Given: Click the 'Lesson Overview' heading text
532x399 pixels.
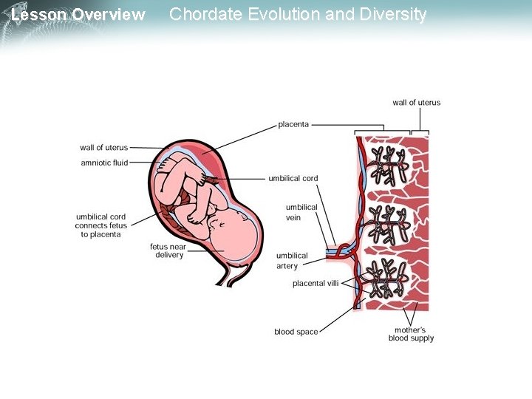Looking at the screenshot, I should (78, 15).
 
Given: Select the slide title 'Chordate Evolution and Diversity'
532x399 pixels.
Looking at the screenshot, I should (298, 14).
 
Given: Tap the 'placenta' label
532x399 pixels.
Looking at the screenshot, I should (293, 124).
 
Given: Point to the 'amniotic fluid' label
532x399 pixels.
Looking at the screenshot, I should (104, 163).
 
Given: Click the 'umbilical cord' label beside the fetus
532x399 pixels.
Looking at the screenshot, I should (293, 178).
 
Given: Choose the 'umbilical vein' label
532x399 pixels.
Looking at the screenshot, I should (301, 212).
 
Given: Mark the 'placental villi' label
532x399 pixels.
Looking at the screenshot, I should (316, 283).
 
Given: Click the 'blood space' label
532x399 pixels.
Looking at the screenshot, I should (296, 332).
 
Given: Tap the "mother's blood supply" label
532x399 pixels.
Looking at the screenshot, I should (411, 334).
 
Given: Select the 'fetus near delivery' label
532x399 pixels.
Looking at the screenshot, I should (168, 250).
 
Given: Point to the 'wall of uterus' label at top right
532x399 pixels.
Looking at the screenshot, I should (416, 103).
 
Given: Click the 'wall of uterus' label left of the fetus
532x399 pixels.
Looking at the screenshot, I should (103, 148).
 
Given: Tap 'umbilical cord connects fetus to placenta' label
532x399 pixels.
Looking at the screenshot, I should (101, 225).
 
